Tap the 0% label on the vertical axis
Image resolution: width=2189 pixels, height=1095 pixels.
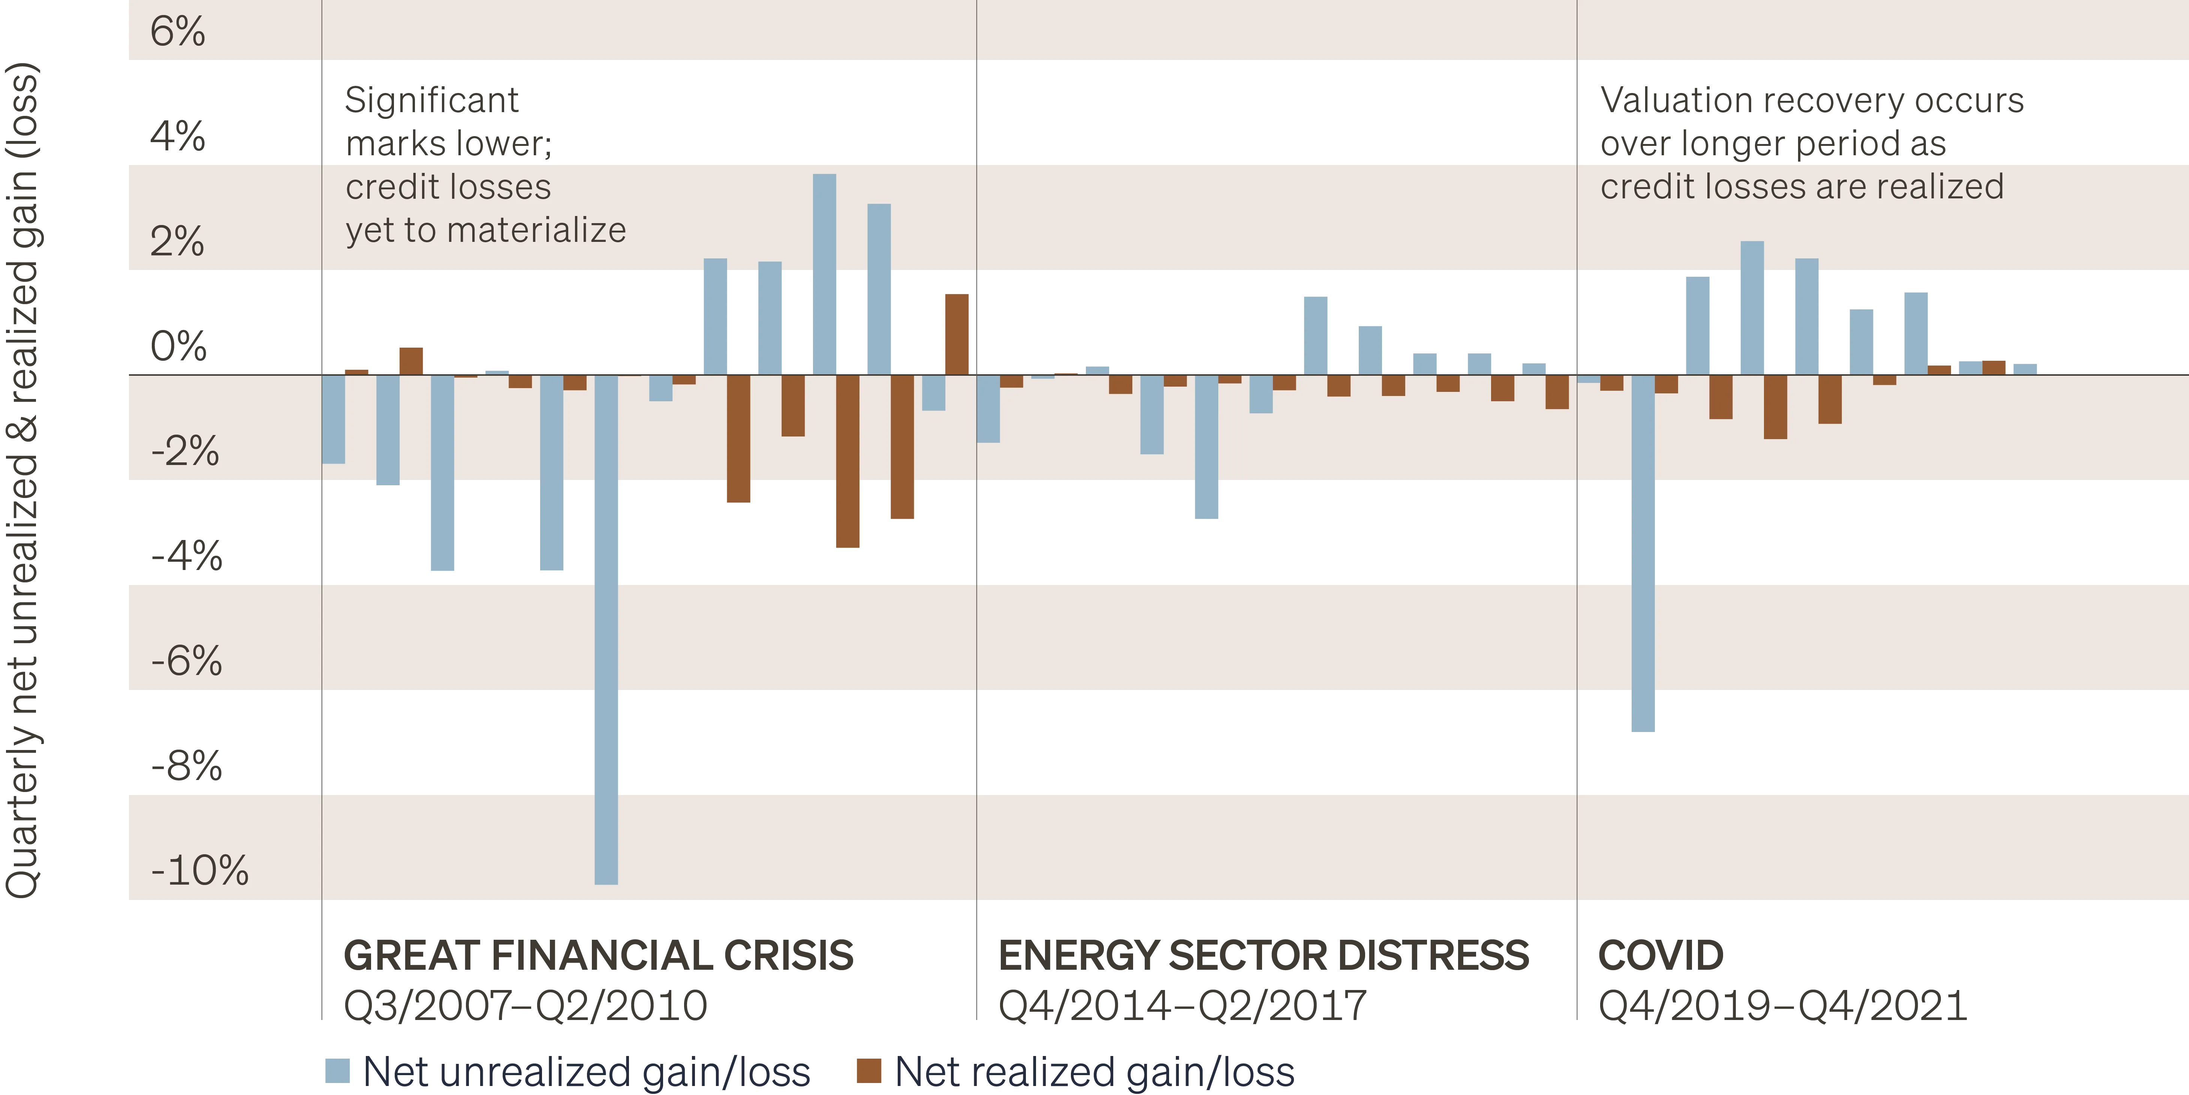tap(178, 346)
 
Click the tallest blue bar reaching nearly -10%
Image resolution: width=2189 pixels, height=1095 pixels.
tap(606, 629)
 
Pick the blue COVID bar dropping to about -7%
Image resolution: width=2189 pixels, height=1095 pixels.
tap(1642, 553)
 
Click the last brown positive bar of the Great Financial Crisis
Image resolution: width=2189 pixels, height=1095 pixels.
tap(958, 334)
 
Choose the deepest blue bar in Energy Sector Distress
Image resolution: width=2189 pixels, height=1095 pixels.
tap(1207, 446)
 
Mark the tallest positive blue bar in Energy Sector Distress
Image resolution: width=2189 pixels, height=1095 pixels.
tap(1315, 334)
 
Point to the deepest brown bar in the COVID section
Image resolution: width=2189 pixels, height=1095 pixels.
tap(1775, 406)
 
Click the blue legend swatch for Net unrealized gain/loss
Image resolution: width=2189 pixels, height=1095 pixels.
tap(337, 1069)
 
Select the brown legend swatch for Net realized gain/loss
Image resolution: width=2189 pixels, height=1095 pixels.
tap(868, 1069)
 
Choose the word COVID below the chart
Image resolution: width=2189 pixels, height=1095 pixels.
tap(1660, 955)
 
